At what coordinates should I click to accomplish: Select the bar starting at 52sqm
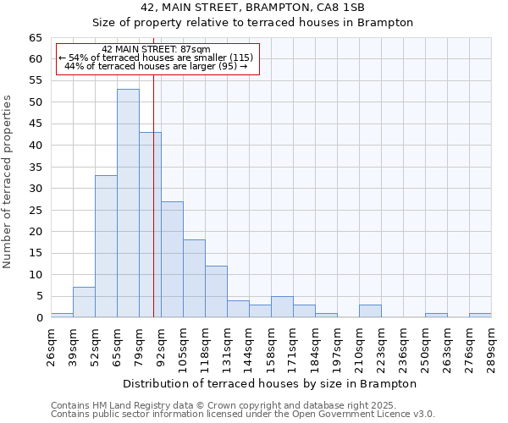[106, 246]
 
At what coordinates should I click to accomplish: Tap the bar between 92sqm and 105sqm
[172, 259]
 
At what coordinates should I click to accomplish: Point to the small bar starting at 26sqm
[62, 315]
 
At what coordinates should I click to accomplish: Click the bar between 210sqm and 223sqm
[370, 310]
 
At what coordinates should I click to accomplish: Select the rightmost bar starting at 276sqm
[480, 315]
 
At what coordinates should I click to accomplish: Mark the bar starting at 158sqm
[282, 306]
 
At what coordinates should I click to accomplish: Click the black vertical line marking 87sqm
[153, 211]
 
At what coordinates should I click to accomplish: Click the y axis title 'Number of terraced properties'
[8, 182]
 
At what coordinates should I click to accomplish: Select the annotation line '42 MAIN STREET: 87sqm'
[156, 49]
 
